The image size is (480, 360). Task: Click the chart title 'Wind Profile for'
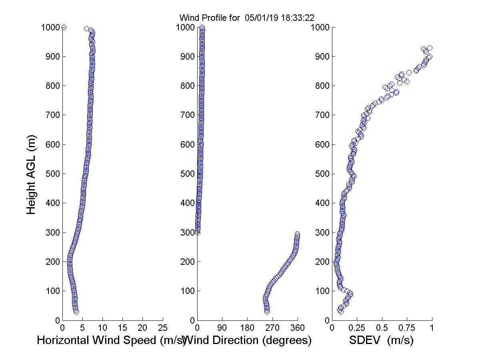point(210,18)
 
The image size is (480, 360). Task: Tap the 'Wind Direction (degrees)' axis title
point(249,341)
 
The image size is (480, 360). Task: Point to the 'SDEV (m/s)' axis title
point(381,341)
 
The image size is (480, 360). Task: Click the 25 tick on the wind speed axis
point(163,328)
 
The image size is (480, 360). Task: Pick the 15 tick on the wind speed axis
point(123,328)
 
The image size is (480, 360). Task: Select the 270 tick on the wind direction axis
point(272,328)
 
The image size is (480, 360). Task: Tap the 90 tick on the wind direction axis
point(222,328)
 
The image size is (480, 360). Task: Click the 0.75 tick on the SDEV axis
point(407,328)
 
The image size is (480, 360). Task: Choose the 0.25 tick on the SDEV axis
point(357,328)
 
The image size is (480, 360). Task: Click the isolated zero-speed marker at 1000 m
point(64,27)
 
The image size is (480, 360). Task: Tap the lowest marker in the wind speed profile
point(76,312)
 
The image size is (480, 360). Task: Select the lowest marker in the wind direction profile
point(267,311)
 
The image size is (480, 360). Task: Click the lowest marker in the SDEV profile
point(341,312)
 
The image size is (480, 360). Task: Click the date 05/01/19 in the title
point(258,18)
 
